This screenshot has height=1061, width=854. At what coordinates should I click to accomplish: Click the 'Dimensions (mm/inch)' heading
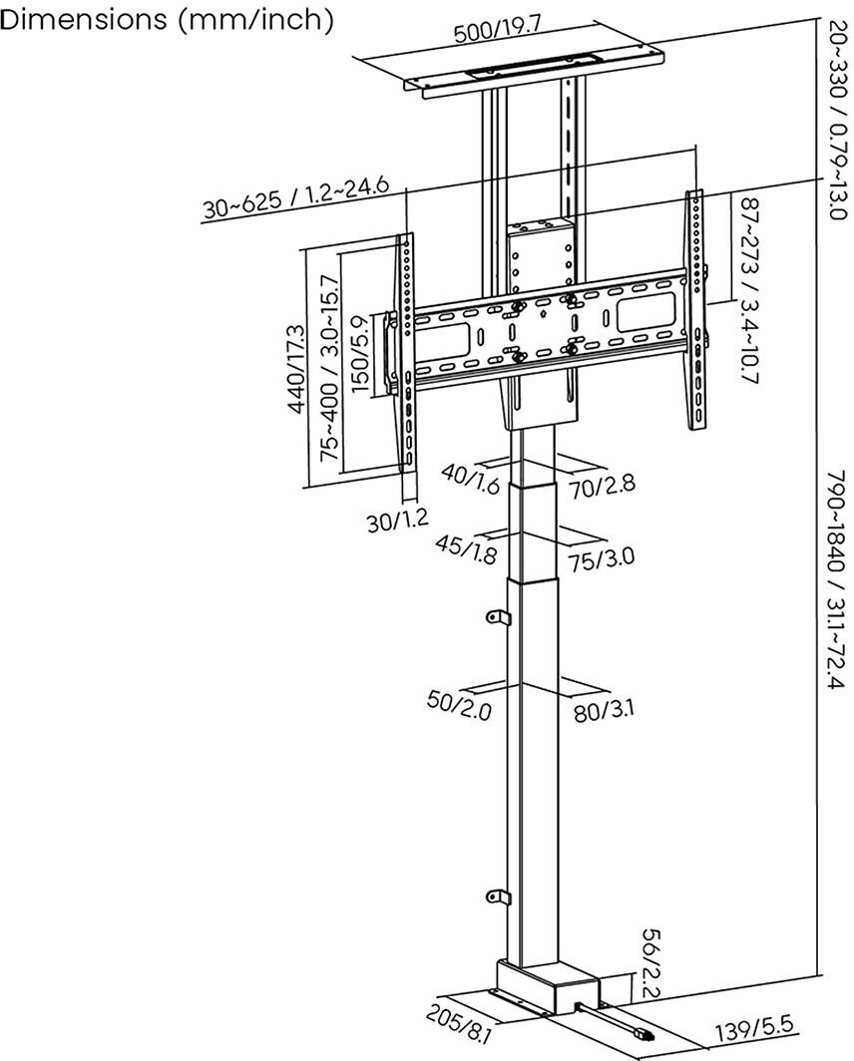pos(167,20)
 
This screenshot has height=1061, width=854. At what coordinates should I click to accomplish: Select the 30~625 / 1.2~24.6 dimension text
pos(295,198)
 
